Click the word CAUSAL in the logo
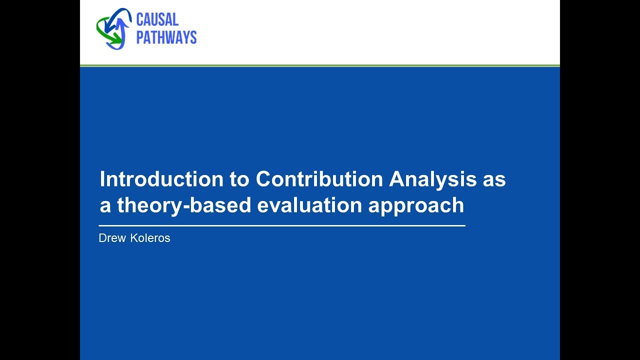click(x=157, y=20)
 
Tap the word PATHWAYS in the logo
click(x=166, y=37)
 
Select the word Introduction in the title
click(x=161, y=179)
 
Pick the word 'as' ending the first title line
click(x=494, y=179)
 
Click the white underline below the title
click(x=282, y=226)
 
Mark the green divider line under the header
click(x=320, y=65)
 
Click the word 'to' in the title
click(x=239, y=179)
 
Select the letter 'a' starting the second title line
click(x=105, y=205)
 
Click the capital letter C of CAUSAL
click(x=141, y=20)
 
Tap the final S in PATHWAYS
click(x=192, y=37)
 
